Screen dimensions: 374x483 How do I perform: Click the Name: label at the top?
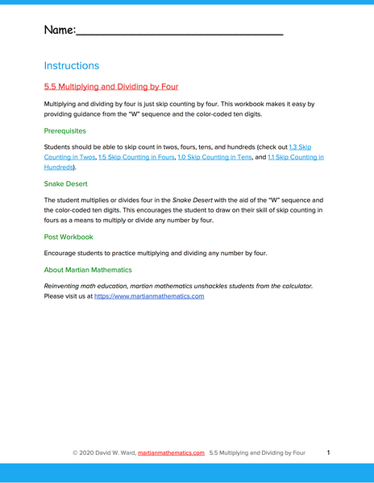click(60, 31)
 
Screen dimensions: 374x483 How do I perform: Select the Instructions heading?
click(72, 65)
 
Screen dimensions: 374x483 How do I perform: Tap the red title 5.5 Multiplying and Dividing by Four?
click(111, 86)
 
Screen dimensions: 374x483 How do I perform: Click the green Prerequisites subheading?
click(65, 130)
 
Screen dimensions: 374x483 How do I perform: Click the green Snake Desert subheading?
click(67, 184)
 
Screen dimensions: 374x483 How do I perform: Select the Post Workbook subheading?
click(69, 237)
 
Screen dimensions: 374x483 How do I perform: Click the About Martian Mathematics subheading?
click(88, 270)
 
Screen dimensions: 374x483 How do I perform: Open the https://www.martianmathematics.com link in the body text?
click(149, 296)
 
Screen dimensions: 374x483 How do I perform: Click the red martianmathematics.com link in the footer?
click(171, 453)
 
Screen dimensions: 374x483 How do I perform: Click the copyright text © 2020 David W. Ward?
click(105, 453)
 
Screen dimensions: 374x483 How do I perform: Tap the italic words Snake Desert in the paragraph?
click(194, 200)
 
